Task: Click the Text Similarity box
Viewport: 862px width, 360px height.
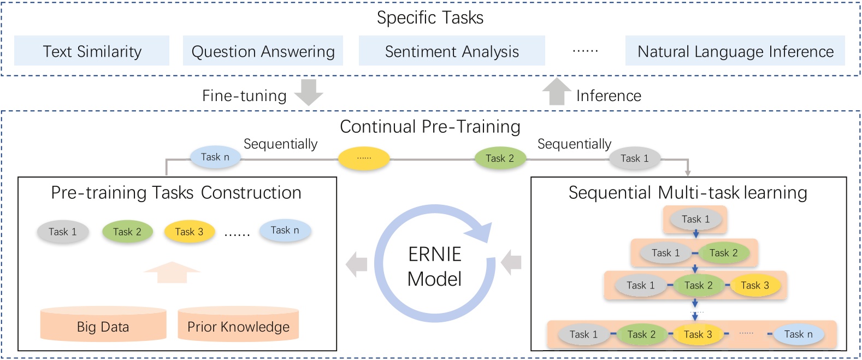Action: coord(92,51)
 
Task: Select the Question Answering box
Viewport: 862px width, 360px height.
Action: coord(263,51)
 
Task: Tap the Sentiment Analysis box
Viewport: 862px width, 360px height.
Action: coord(452,51)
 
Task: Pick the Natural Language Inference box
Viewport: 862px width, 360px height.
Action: coord(735,51)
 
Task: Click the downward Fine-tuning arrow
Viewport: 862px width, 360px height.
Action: coord(309,92)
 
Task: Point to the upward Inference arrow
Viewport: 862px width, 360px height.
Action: coord(557,91)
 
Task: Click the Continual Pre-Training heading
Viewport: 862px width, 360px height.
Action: coord(430,127)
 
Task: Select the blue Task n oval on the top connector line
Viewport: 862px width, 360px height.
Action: coord(215,157)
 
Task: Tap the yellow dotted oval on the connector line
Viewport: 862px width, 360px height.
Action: coord(364,158)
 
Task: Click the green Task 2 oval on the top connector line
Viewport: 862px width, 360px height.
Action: coord(500,158)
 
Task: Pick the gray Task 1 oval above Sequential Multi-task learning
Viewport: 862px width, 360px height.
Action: coord(635,158)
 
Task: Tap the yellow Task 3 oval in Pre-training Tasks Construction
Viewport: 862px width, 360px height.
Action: coord(189,232)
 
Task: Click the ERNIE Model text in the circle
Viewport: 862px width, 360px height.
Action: coord(434,267)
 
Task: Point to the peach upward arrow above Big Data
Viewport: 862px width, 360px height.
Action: coord(172,272)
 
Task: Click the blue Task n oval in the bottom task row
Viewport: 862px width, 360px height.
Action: coord(798,334)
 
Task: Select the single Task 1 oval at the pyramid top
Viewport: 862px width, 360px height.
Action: coord(695,219)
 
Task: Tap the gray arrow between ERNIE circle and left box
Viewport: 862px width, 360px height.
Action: coord(357,264)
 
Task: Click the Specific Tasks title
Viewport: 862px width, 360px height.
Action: coord(430,17)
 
